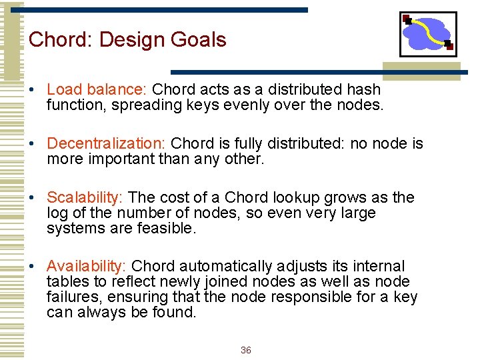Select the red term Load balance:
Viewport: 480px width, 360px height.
click(x=97, y=89)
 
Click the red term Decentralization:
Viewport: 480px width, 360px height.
click(x=106, y=143)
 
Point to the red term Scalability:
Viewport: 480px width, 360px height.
click(x=85, y=198)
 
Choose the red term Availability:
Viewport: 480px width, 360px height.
click(x=88, y=267)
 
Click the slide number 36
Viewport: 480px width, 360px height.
click(x=245, y=351)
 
